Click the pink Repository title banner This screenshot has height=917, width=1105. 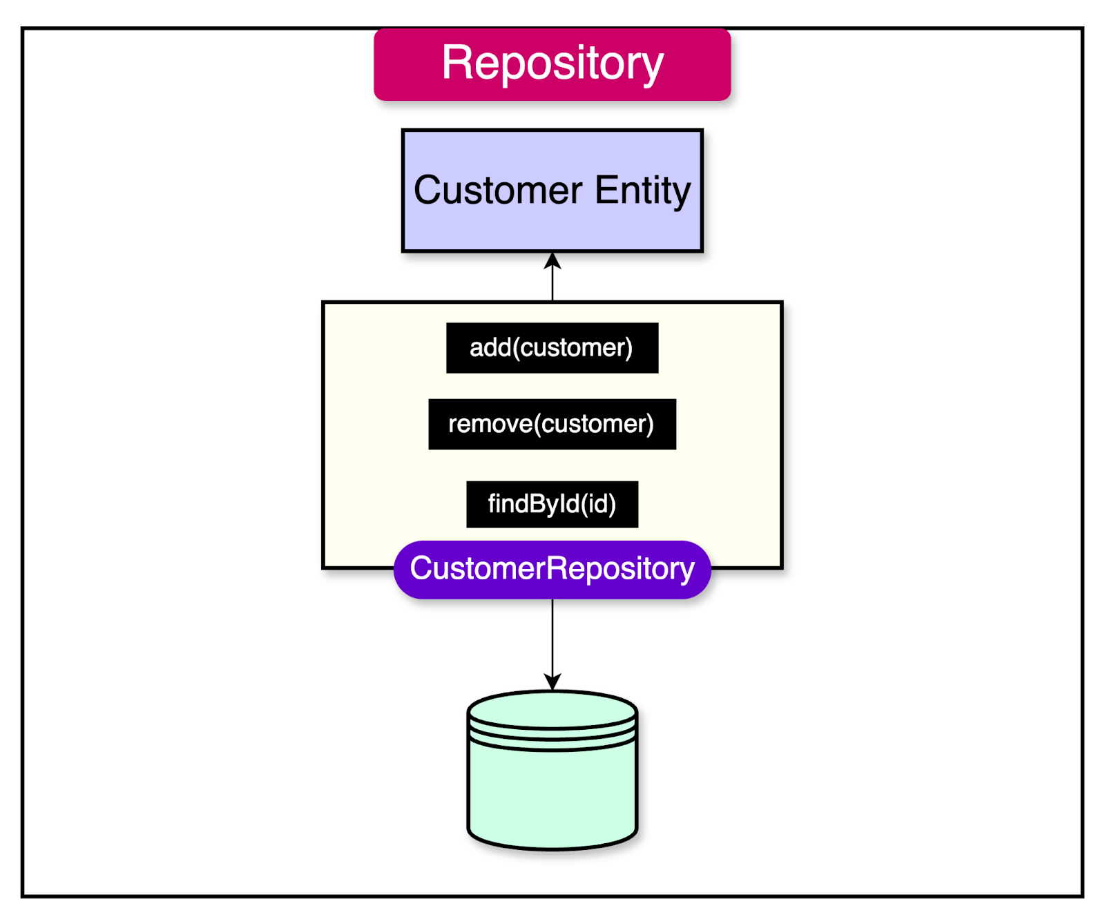coord(552,64)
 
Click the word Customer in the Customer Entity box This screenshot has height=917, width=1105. coord(498,190)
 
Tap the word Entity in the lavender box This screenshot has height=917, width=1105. coord(642,190)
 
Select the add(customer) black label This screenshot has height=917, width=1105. coord(552,348)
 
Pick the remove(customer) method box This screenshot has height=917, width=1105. coord(552,424)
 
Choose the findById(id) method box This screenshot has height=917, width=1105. coord(552,504)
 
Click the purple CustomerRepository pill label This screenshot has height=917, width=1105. coord(552,569)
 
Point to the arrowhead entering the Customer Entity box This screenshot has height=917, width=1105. coord(552,260)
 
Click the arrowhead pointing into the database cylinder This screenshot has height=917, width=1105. coord(552,682)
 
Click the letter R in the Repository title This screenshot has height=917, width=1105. coord(457,64)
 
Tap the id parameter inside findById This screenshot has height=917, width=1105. coord(598,504)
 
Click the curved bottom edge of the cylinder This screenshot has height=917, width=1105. coord(552,847)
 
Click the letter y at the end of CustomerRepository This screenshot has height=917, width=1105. coord(686,572)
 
